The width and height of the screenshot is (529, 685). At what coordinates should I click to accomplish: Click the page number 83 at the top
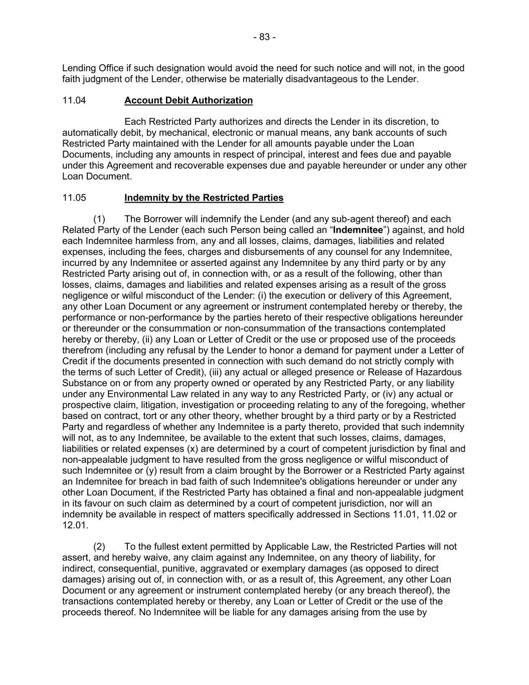[x=264, y=37]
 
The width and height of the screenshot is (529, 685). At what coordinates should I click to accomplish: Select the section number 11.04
[x=74, y=100]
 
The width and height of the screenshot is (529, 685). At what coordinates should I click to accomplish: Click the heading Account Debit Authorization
[x=189, y=100]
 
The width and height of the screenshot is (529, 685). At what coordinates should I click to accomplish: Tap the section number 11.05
[x=74, y=198]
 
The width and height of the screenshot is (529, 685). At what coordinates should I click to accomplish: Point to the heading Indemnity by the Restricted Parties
[x=204, y=198]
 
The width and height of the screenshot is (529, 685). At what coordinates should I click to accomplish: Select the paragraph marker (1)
[x=99, y=219]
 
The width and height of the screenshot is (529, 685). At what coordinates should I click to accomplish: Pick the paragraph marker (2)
[x=99, y=546]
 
